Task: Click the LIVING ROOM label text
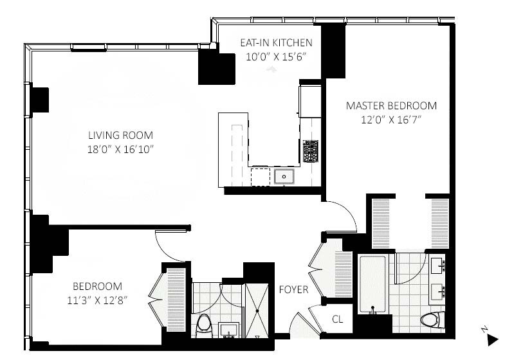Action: tap(120, 135)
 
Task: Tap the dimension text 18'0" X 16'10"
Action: tap(120, 148)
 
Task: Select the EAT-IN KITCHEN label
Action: tap(276, 43)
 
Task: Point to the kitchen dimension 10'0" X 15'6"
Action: tap(276, 57)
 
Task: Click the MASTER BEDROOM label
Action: tap(391, 105)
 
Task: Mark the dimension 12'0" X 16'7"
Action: tap(391, 119)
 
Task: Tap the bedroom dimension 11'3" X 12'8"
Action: tap(96, 300)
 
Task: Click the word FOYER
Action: tap(293, 290)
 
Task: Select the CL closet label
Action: tap(338, 319)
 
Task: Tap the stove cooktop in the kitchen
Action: tap(311, 150)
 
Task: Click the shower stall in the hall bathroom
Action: tap(257, 309)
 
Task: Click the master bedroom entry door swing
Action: tap(343, 217)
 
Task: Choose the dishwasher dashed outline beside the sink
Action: tap(260, 176)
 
